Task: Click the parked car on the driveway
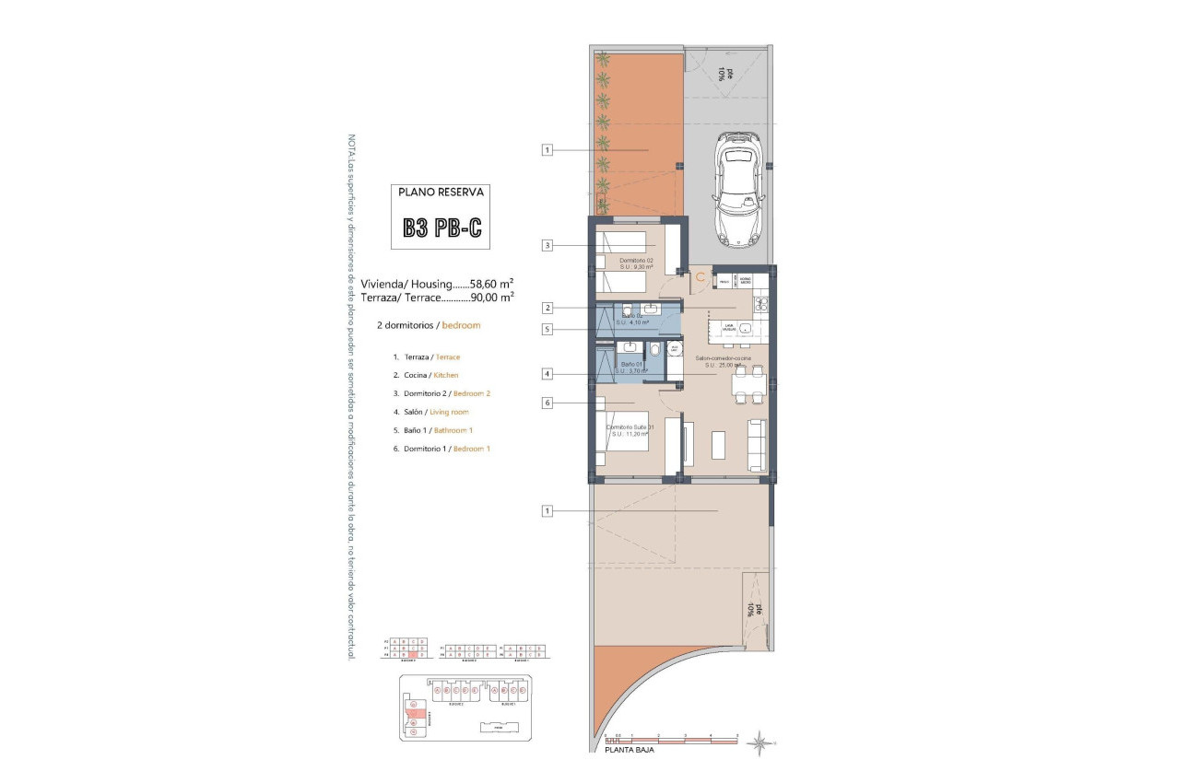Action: [736, 189]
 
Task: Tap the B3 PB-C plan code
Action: [441, 228]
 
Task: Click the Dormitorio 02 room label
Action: [636, 260]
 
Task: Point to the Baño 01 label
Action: [631, 365]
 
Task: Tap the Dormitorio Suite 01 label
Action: [630, 427]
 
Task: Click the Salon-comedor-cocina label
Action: [723, 357]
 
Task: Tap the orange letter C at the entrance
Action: [700, 275]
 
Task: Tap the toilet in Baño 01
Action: [653, 350]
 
